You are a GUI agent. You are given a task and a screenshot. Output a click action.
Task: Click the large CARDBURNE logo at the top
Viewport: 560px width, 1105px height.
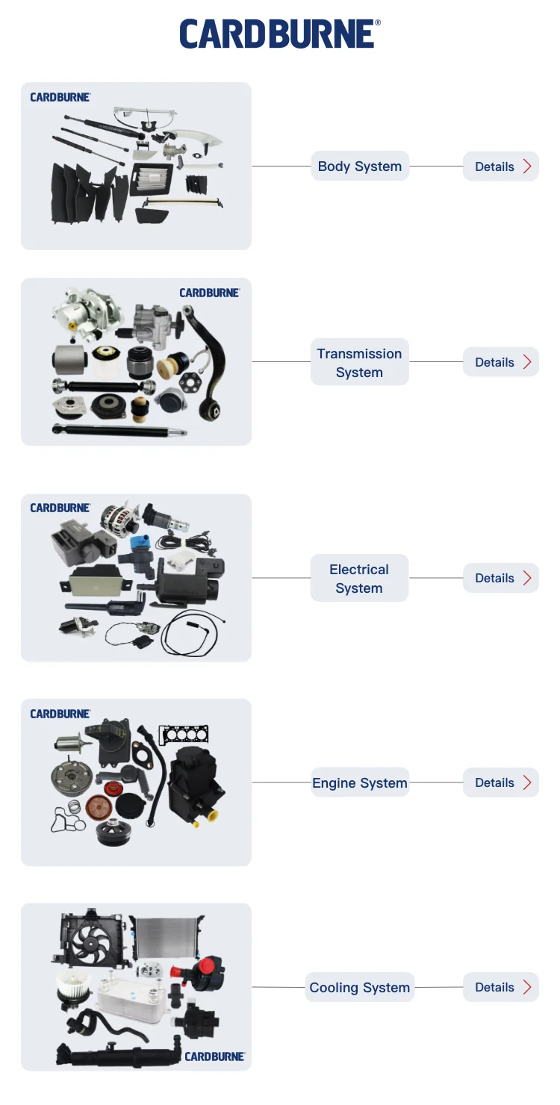pos(280,34)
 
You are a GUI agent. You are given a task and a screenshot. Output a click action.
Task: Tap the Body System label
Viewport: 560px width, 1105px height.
pos(360,166)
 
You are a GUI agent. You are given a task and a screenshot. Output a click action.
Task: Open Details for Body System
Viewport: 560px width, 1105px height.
pos(501,166)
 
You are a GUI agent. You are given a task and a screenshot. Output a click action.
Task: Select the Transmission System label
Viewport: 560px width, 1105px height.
pos(359,363)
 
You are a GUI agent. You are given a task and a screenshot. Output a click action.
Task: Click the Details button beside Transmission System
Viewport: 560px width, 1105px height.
pos(501,362)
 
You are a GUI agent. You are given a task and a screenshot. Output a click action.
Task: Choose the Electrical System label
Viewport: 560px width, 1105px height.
pos(359,578)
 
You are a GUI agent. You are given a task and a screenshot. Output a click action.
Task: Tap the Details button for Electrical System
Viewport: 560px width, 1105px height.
pos(501,578)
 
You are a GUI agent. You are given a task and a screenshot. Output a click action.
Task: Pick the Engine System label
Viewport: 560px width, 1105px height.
pos(360,782)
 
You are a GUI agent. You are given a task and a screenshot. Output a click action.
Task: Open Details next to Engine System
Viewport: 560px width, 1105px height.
pos(501,782)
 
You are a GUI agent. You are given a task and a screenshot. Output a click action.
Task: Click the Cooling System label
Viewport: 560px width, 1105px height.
pos(360,987)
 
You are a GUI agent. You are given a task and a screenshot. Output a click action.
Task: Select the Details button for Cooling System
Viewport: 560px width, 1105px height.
pos(501,987)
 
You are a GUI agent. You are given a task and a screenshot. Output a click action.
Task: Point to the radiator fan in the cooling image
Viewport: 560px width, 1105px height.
pos(91,939)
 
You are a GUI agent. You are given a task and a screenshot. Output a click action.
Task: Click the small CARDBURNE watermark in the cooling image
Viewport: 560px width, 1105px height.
pos(214,1056)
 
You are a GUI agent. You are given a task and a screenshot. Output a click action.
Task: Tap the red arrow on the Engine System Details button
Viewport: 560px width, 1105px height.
pos(527,782)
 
